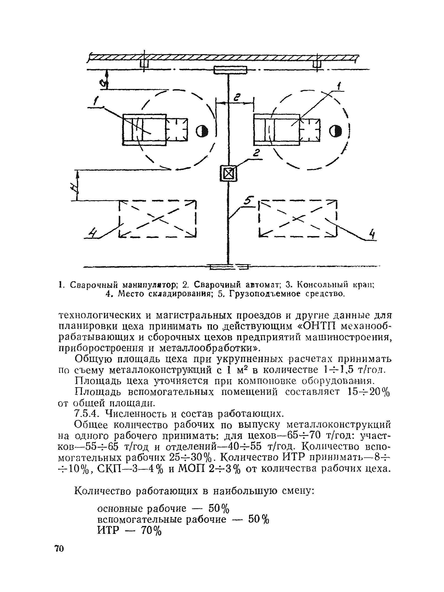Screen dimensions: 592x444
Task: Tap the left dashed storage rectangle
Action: pos(158,219)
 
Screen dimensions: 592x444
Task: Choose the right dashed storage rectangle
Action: pos(298,219)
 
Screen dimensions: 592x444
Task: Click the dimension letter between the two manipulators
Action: pos(237,98)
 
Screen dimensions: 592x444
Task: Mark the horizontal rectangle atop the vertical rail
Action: pos(230,70)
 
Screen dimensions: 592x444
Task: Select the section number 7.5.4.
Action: pos(87,414)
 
